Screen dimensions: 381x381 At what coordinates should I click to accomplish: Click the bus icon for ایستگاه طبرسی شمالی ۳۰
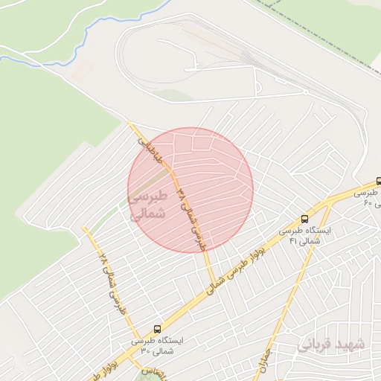157,329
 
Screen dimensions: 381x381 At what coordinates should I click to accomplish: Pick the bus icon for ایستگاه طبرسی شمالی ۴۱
304,219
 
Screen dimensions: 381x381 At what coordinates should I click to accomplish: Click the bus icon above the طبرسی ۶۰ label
379,181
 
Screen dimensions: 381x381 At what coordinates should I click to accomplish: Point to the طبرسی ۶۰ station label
368,197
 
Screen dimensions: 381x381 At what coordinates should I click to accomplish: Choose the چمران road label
265,361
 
